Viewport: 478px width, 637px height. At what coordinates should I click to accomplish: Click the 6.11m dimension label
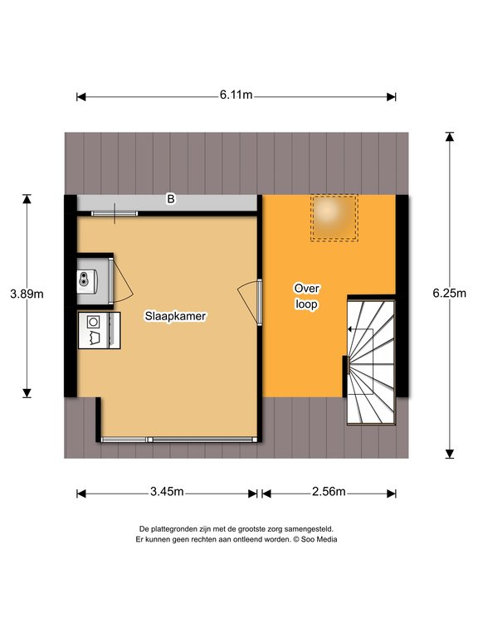[237, 95]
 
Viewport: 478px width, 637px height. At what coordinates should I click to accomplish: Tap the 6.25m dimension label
[450, 293]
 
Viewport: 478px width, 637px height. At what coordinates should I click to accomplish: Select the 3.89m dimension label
[27, 294]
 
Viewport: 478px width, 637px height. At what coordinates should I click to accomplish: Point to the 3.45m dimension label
[167, 492]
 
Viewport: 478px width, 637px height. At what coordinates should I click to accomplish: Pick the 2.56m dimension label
[329, 492]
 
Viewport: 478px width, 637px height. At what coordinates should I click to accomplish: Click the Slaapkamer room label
[176, 316]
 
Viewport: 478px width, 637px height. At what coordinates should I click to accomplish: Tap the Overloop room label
[306, 296]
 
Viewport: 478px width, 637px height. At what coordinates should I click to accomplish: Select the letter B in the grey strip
[171, 199]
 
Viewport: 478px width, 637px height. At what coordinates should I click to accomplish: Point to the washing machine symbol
[100, 330]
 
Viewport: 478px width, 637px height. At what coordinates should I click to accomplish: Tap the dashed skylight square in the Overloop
[334, 218]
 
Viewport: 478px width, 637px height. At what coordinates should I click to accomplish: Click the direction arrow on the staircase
[360, 329]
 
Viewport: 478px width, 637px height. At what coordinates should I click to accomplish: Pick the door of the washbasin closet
[121, 280]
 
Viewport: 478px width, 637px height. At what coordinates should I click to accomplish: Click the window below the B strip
[115, 213]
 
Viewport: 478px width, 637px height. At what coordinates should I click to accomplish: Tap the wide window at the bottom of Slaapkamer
[179, 440]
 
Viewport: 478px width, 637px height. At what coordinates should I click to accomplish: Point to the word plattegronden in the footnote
[173, 529]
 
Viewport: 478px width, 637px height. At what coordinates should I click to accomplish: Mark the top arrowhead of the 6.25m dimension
[450, 136]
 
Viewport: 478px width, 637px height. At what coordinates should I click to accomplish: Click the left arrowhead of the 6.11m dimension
[80, 97]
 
